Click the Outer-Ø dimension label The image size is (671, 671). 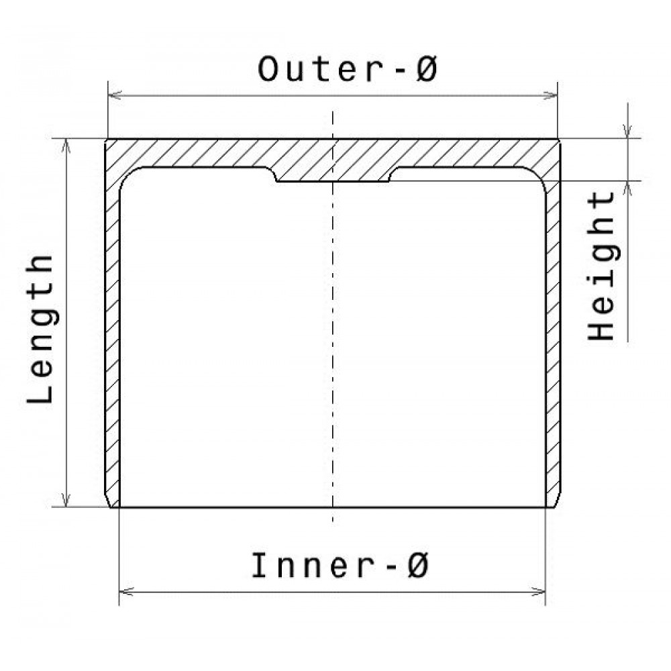click(x=348, y=69)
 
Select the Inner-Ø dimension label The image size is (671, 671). click(x=340, y=565)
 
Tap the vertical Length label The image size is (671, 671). click(x=40, y=329)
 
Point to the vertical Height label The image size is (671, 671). click(x=601, y=265)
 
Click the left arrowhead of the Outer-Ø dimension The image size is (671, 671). click(x=115, y=95)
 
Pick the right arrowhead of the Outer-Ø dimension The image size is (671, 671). click(x=550, y=95)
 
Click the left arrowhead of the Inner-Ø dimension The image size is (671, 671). click(x=126, y=592)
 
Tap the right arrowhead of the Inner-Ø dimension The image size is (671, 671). click(x=538, y=592)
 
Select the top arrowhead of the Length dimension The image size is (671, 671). click(x=66, y=146)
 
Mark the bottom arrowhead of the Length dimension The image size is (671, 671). click(x=66, y=499)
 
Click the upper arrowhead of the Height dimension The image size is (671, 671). click(x=628, y=131)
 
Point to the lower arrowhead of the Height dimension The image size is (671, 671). click(x=628, y=189)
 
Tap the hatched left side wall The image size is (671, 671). click(x=112, y=342)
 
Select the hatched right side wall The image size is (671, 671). click(x=553, y=342)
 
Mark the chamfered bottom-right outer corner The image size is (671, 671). click(x=557, y=500)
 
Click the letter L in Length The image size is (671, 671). click(x=40, y=392)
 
